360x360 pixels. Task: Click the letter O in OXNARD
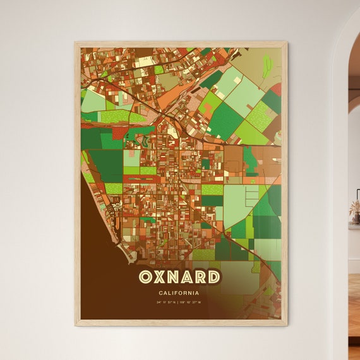145,277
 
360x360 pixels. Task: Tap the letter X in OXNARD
160,277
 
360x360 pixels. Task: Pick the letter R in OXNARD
203,277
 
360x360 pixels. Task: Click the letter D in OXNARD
215,277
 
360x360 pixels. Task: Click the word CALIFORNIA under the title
180,293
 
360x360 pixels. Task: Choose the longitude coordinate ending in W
191,303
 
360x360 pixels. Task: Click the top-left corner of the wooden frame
75,43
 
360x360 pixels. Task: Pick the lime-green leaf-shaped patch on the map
267,64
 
